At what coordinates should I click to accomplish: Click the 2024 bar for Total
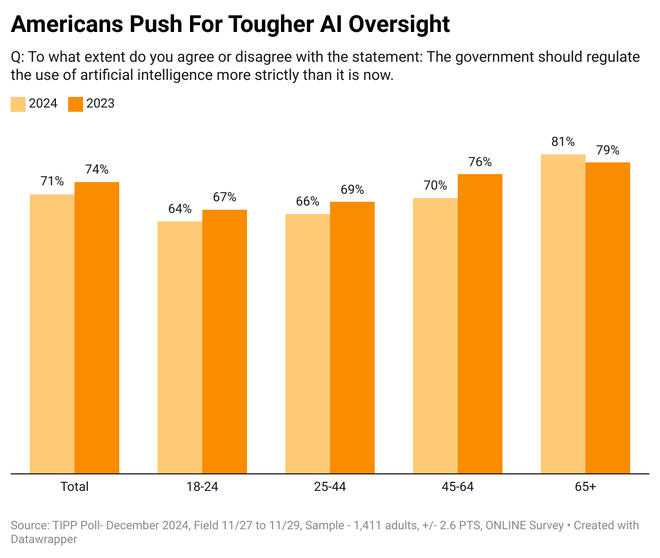click(x=52, y=334)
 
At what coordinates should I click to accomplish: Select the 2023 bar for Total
click(x=97, y=327)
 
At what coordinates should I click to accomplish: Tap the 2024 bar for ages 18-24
click(x=180, y=347)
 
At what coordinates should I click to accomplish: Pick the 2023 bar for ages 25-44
click(x=352, y=338)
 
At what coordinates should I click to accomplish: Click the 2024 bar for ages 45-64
click(x=435, y=335)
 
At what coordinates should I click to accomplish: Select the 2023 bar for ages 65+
click(x=608, y=318)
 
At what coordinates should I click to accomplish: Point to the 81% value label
click(x=563, y=142)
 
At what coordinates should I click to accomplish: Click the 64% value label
click(x=180, y=209)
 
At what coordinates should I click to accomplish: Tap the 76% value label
click(x=480, y=162)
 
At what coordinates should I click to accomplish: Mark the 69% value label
click(x=352, y=190)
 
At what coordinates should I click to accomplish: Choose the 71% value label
click(x=52, y=182)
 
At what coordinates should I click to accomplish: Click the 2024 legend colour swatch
click(x=18, y=104)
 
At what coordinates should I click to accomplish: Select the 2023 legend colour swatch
click(x=76, y=104)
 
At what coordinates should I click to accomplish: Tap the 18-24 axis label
click(x=202, y=487)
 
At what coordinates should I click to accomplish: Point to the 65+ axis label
click(x=585, y=487)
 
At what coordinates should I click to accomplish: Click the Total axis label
click(x=75, y=487)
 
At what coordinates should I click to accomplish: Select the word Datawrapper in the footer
click(x=44, y=539)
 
